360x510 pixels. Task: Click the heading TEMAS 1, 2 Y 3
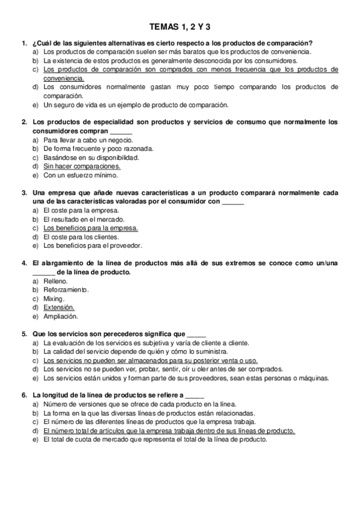[x=180, y=26]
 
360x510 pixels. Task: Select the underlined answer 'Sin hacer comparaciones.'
[x=82, y=166]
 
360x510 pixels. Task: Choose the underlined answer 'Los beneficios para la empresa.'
[x=91, y=228]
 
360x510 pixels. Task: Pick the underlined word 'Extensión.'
[x=59, y=307]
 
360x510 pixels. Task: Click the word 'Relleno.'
[x=56, y=281]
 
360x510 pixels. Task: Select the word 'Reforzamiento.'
[x=66, y=290]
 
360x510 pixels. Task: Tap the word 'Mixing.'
[x=54, y=298]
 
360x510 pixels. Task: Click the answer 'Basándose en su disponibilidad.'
[x=91, y=158]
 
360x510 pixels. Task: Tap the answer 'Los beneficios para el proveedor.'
[x=93, y=245]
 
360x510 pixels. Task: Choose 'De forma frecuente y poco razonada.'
[x=98, y=149]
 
